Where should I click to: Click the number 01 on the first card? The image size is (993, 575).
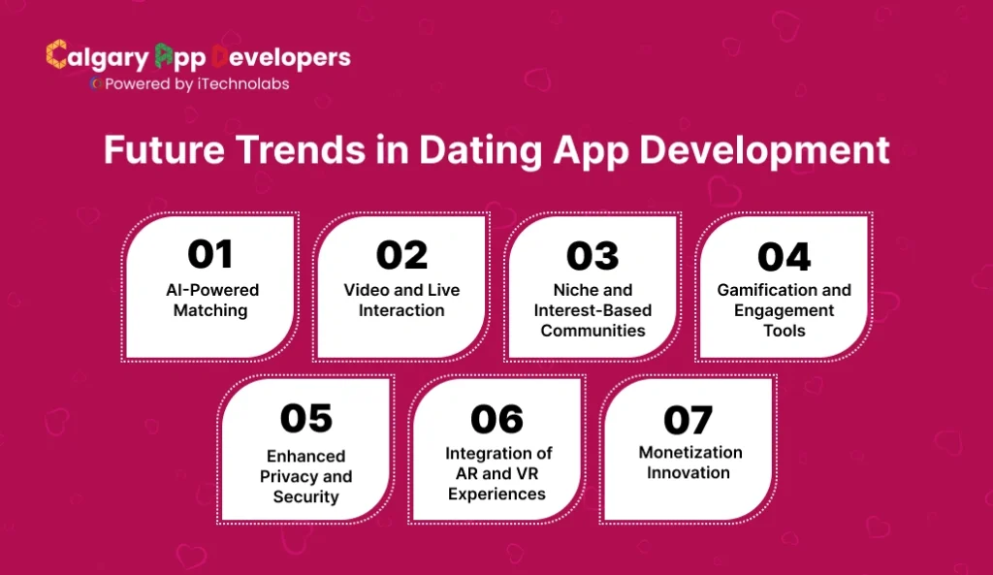(209, 254)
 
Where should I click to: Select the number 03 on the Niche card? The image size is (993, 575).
(593, 256)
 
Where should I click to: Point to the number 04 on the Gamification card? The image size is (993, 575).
(784, 257)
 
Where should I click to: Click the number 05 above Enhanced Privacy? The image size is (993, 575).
(305, 418)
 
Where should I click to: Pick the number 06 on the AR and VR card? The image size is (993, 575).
(496, 419)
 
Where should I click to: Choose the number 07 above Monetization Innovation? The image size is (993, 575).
(689, 420)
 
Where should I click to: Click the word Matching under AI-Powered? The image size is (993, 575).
(210, 311)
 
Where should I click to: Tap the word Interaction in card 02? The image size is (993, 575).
(401, 311)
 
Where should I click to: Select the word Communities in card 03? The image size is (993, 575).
(593, 331)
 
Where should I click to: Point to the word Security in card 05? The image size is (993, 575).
(305, 497)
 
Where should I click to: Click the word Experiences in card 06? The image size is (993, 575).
(496, 494)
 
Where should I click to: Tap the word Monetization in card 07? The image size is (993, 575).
(689, 452)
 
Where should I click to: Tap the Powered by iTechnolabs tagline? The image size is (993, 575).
(194, 84)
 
